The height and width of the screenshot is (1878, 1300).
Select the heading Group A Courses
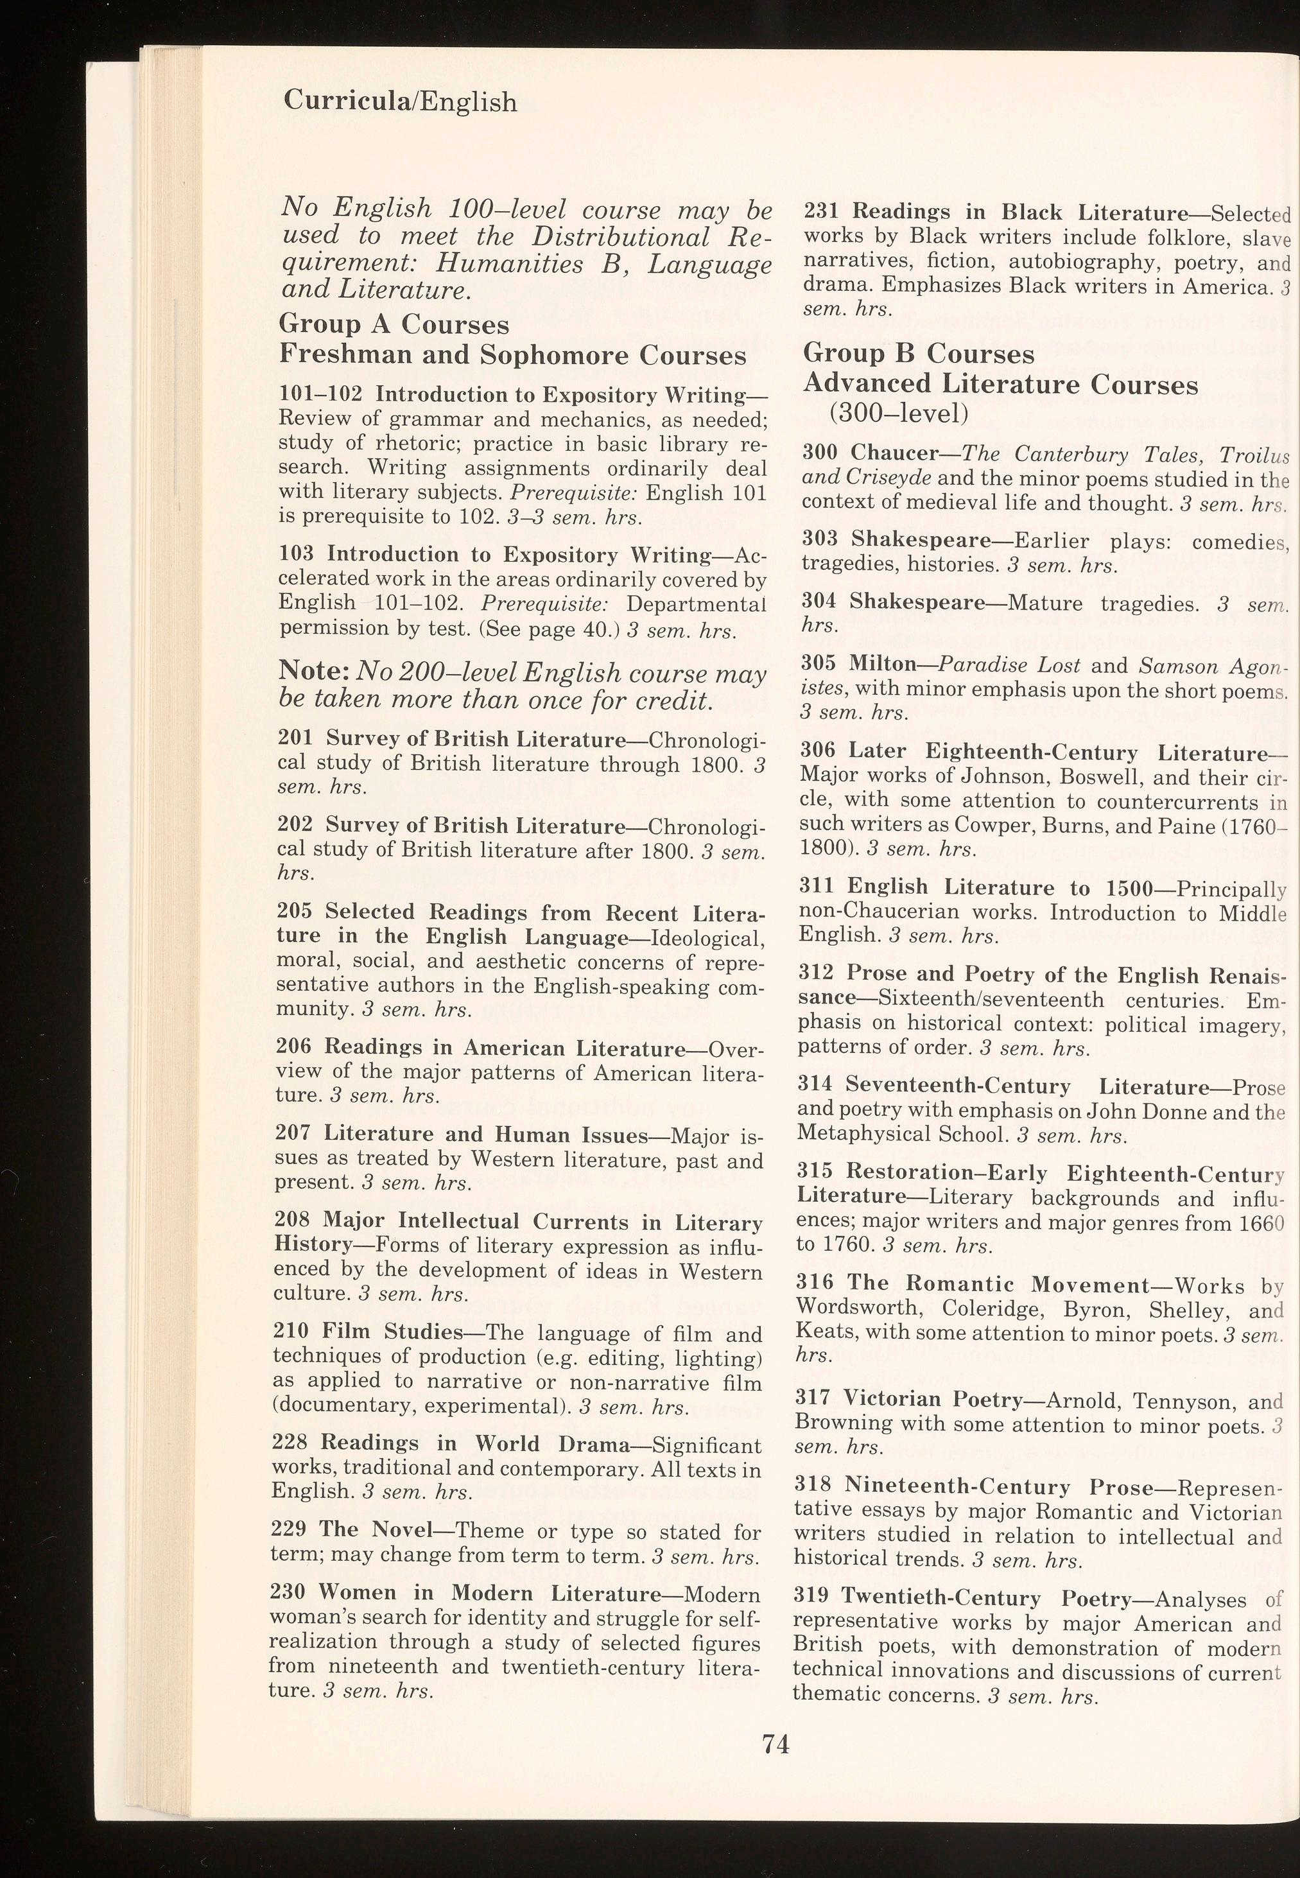coord(394,324)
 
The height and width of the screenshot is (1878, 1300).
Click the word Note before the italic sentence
coord(313,670)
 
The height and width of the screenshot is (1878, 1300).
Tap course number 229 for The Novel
coord(287,1529)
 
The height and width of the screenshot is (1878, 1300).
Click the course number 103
coord(296,555)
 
